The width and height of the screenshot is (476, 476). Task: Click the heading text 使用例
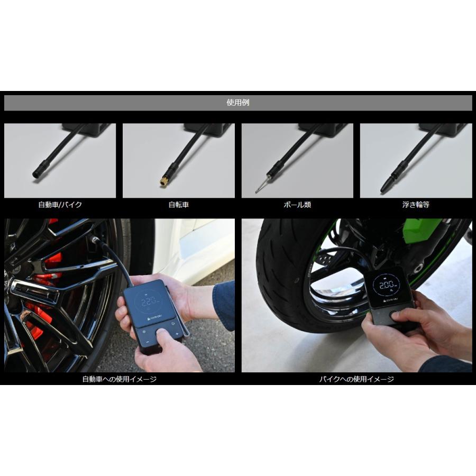(237, 103)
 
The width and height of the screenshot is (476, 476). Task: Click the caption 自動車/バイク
(60, 204)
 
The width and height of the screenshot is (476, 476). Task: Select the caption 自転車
(178, 204)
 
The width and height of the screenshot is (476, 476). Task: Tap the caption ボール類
(297, 204)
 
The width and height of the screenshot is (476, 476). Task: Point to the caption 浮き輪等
(416, 204)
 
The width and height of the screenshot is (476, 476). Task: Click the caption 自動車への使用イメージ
(119, 379)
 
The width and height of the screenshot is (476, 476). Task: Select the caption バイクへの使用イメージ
(356, 379)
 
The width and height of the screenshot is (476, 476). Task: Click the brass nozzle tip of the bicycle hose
(164, 181)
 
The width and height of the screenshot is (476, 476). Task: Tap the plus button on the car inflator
(177, 334)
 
